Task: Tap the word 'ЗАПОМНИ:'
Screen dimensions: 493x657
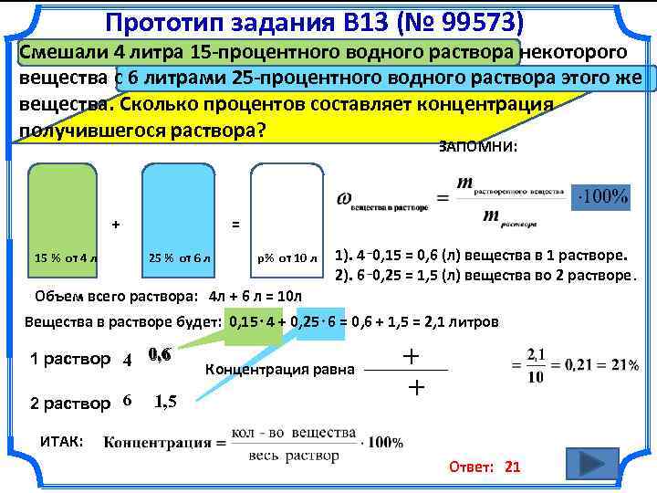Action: [478, 146]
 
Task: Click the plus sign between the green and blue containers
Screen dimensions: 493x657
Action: [115, 223]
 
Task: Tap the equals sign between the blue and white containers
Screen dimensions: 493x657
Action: [235, 224]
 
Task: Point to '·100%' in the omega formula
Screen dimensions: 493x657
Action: [602, 197]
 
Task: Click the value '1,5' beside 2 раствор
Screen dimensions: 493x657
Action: [165, 401]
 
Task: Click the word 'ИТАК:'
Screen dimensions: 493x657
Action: [62, 441]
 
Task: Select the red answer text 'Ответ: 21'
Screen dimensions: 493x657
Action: [484, 467]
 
